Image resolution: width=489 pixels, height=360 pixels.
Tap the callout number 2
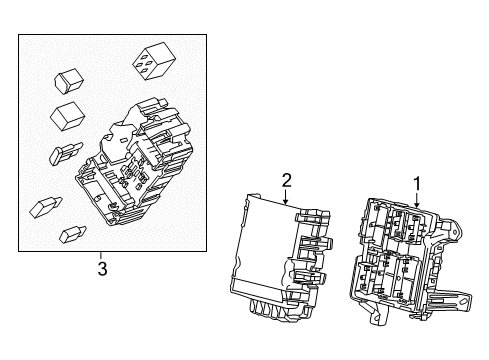coord(286,180)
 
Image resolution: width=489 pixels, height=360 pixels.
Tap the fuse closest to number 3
coord(72,235)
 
